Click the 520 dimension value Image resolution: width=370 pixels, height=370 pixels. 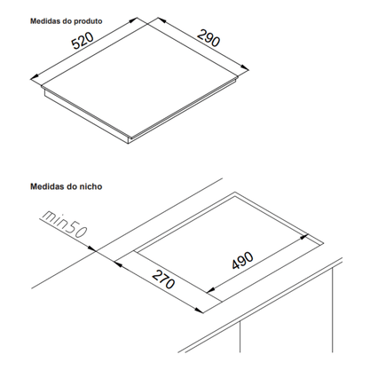83,40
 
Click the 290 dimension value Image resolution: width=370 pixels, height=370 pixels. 209,37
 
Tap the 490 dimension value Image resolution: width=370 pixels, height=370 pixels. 242,260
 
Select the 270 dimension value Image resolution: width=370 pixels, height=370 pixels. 163,279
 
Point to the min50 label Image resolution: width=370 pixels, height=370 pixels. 63,224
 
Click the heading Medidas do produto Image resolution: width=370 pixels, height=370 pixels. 67,21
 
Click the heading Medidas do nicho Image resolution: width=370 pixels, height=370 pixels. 67,186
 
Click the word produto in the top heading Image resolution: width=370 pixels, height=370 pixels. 88,21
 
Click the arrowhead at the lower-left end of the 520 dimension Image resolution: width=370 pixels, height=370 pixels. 34,77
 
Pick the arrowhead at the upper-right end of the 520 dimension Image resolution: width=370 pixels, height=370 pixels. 133,20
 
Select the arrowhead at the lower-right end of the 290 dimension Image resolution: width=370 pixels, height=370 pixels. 245,67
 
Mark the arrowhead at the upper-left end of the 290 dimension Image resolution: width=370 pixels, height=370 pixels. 161,20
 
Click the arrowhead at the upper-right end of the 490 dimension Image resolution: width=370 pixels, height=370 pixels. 304,237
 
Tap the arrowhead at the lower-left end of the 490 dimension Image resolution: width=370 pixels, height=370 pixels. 210,290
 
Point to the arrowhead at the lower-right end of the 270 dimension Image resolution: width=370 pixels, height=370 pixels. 199,310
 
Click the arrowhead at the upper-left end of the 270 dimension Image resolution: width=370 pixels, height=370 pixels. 118,263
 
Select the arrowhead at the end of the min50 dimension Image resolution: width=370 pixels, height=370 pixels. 92,249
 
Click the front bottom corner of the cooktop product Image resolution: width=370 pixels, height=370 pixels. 128,145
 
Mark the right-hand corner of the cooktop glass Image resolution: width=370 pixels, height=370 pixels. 239,77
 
